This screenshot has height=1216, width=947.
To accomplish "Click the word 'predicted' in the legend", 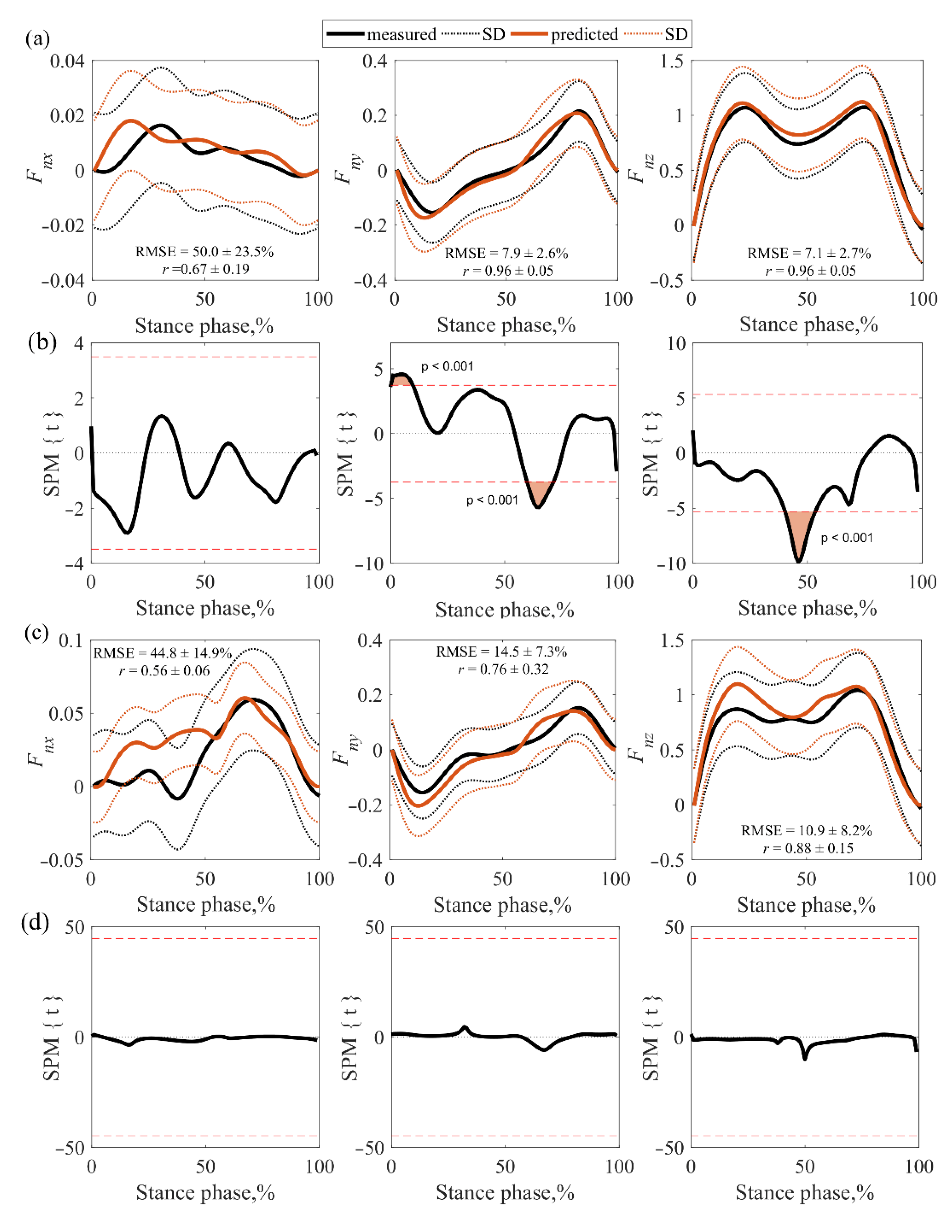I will [584, 34].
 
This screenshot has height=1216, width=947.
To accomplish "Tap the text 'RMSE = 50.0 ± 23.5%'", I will [204, 252].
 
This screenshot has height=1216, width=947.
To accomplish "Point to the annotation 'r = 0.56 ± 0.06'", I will [164, 670].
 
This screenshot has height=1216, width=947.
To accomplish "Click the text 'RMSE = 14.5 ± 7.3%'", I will [501, 652].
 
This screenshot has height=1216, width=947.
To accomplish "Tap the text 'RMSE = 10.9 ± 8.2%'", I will [806, 831].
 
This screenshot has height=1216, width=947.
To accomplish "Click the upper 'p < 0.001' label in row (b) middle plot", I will [447, 366].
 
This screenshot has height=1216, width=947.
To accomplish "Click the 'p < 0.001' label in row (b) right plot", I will [847, 538].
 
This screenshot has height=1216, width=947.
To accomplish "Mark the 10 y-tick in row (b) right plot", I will [677, 343].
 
